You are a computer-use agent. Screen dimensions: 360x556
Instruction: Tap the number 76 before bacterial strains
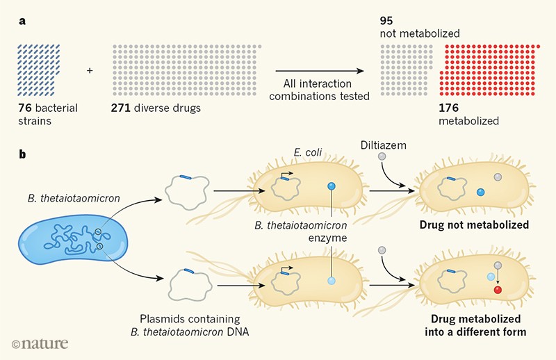[x=30, y=108]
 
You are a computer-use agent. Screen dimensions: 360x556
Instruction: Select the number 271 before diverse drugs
[x=121, y=108]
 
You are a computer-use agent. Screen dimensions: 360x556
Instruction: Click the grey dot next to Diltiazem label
[x=382, y=158]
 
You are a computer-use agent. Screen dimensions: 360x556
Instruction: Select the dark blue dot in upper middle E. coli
[x=331, y=186]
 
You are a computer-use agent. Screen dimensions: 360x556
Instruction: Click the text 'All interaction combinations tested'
[x=321, y=90]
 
